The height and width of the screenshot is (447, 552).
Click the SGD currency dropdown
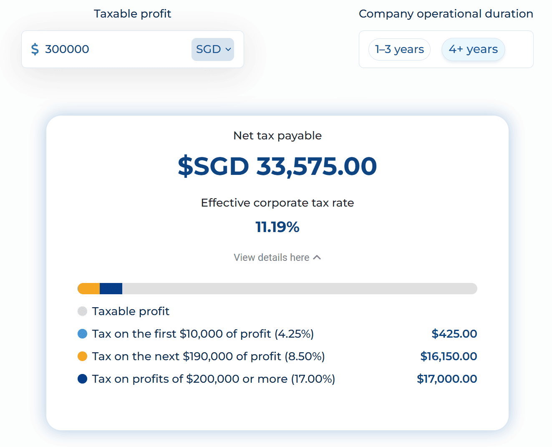click(x=213, y=49)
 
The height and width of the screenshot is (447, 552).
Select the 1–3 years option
click(x=399, y=49)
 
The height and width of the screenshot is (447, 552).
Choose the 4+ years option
click(x=473, y=49)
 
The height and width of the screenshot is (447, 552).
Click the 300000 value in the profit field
click(x=67, y=49)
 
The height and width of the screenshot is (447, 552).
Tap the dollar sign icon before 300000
click(x=35, y=49)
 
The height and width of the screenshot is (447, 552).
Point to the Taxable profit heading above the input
click(x=132, y=14)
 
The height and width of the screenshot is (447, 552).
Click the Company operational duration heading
click(x=446, y=14)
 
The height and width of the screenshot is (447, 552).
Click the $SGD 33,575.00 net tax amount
click(x=277, y=166)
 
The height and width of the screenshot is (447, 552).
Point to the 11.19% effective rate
click(x=277, y=227)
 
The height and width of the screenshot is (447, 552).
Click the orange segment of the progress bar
click(x=89, y=288)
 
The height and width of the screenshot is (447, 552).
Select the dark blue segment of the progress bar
click(x=111, y=288)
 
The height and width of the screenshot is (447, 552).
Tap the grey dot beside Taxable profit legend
click(x=83, y=311)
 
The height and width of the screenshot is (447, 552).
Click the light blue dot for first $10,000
click(x=83, y=334)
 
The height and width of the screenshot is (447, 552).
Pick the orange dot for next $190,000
click(x=83, y=356)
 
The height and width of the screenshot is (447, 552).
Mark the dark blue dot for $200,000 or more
click(x=83, y=379)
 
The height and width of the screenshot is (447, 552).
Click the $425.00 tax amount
click(x=454, y=334)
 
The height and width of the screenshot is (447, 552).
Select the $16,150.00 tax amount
click(x=449, y=356)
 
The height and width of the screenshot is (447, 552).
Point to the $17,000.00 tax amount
click(x=447, y=379)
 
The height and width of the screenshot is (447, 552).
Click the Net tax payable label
click(x=277, y=136)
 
